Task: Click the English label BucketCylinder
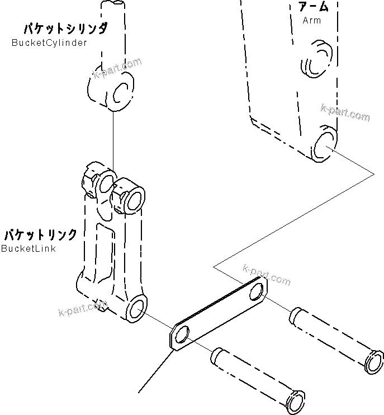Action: pyautogui.click(x=49, y=43)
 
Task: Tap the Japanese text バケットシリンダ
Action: pyautogui.click(x=65, y=29)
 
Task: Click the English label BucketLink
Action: pyautogui.click(x=29, y=248)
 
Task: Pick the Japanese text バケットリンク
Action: pyautogui.click(x=40, y=234)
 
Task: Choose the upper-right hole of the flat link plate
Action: pyautogui.click(x=258, y=293)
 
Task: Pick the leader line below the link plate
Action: pyautogui.click(x=154, y=371)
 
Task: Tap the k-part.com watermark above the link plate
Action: pyautogui.click(x=267, y=273)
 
